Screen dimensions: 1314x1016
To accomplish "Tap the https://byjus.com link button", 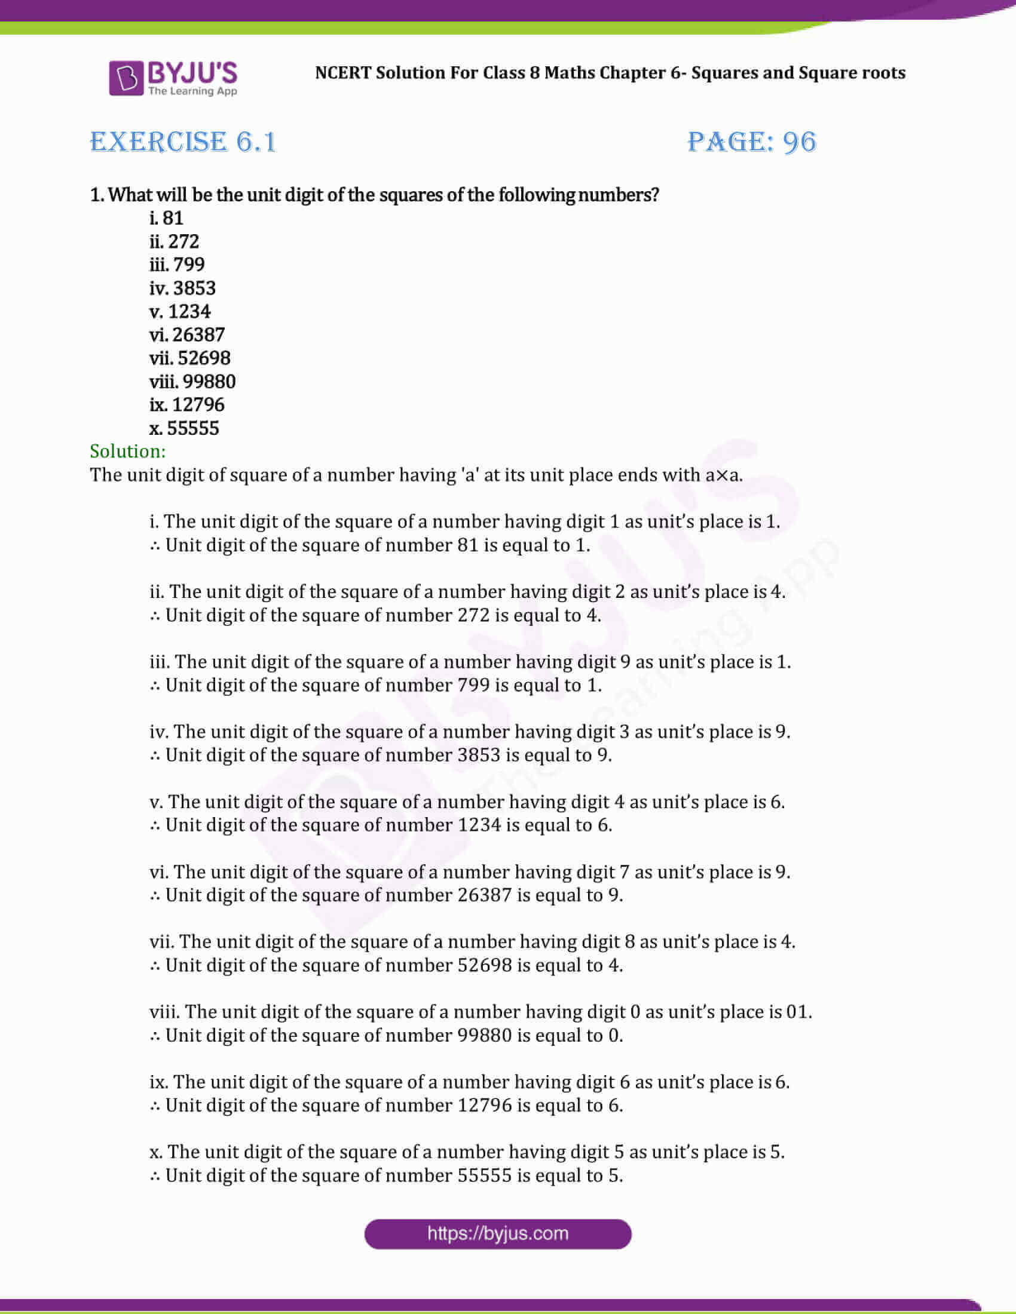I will pyautogui.click(x=498, y=1234).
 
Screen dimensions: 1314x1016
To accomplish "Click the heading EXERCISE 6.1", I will pyautogui.click(x=183, y=143).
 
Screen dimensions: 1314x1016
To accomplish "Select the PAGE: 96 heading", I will pyautogui.click(x=752, y=143).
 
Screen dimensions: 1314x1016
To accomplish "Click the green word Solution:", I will pyautogui.click(x=128, y=451).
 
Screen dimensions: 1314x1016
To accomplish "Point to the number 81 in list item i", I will pyautogui.click(x=173, y=218).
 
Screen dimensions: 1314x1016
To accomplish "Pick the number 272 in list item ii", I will pyautogui.click(x=183, y=241).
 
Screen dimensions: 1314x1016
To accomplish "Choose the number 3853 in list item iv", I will pyautogui.click(x=194, y=288).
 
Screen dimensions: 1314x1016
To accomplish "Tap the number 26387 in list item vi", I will pyautogui.click(x=198, y=334).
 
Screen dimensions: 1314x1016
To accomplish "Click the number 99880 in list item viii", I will pyautogui.click(x=209, y=382).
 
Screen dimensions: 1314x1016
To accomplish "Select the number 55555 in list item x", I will pyautogui.click(x=193, y=428).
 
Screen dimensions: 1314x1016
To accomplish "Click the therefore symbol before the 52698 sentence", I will pyautogui.click(x=155, y=966).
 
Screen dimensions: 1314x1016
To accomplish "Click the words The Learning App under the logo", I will pyautogui.click(x=192, y=91).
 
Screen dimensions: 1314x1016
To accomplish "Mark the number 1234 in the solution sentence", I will pyautogui.click(x=479, y=825).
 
